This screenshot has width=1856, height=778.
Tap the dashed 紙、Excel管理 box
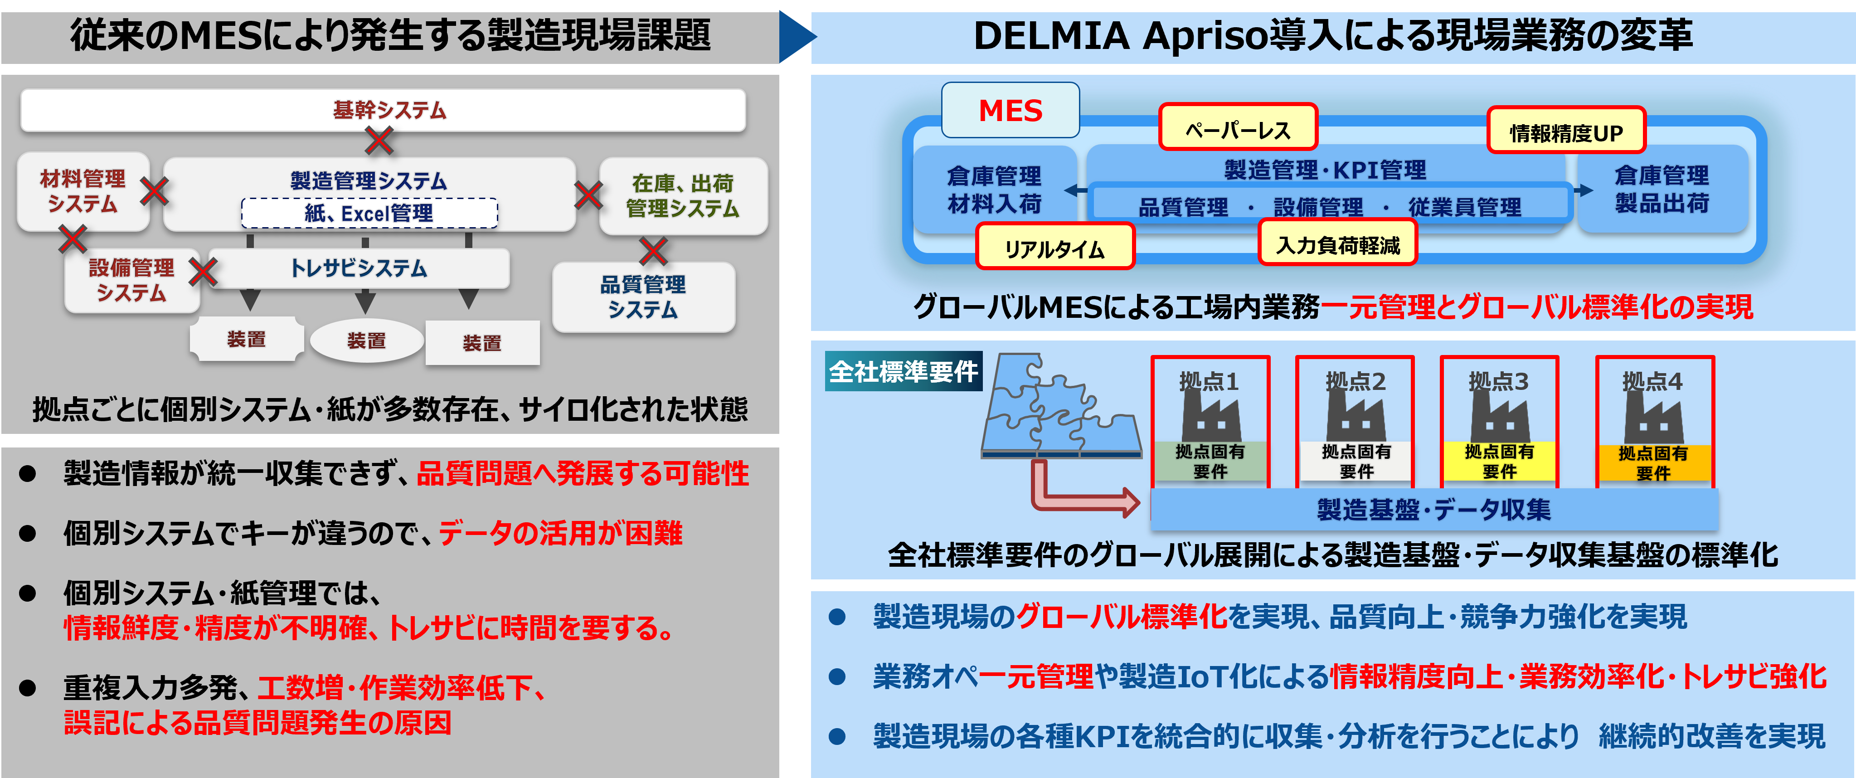click(369, 213)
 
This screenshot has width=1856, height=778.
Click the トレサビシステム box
click(359, 268)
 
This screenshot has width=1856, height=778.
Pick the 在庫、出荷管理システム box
click(683, 196)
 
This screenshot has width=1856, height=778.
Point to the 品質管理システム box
click(643, 297)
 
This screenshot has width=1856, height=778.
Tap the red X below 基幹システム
click(379, 141)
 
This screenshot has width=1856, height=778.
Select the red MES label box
click(1010, 110)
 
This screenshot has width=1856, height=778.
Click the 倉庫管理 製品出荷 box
click(1662, 189)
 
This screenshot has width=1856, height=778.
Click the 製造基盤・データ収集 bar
click(1434, 509)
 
